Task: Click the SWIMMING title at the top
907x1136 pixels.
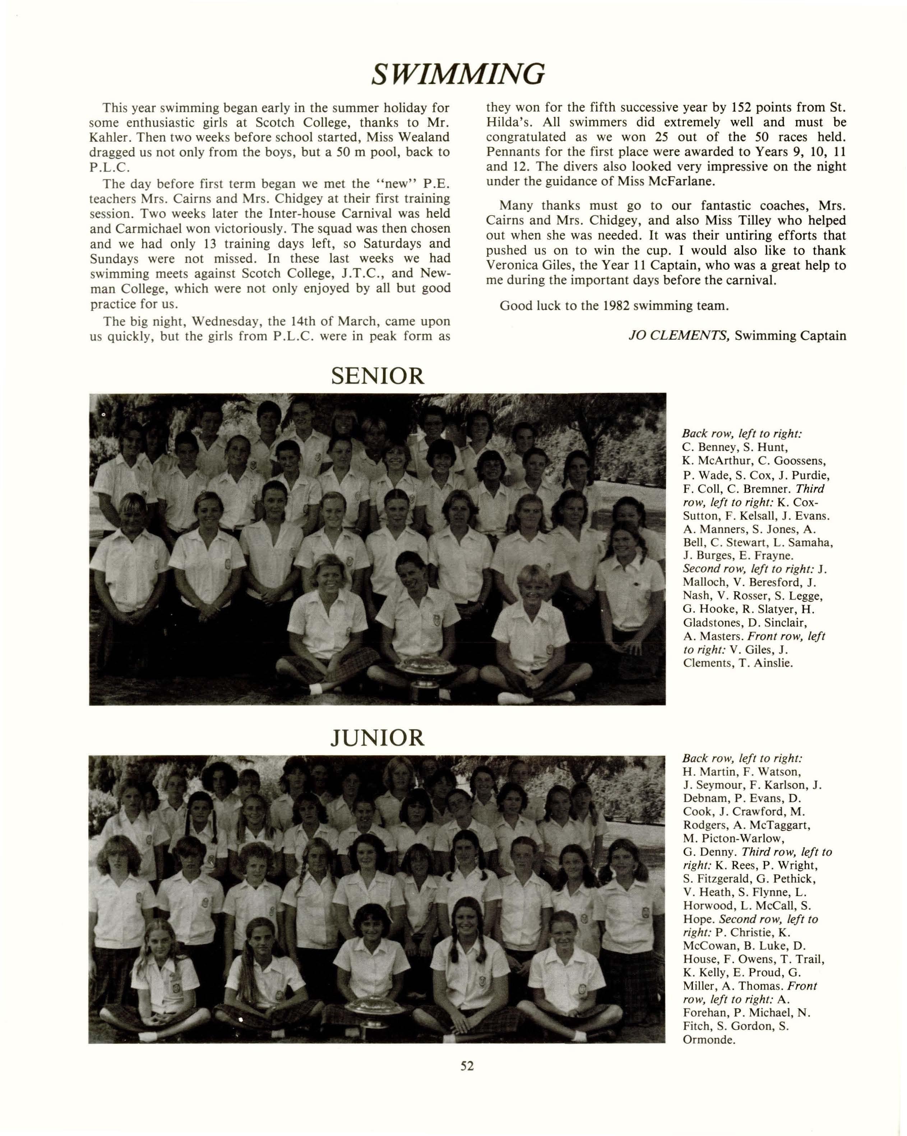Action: (457, 74)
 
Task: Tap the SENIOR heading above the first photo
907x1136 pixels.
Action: (377, 376)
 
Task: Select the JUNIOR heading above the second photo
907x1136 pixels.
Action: (377, 738)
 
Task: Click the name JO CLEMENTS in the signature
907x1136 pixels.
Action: (679, 336)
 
